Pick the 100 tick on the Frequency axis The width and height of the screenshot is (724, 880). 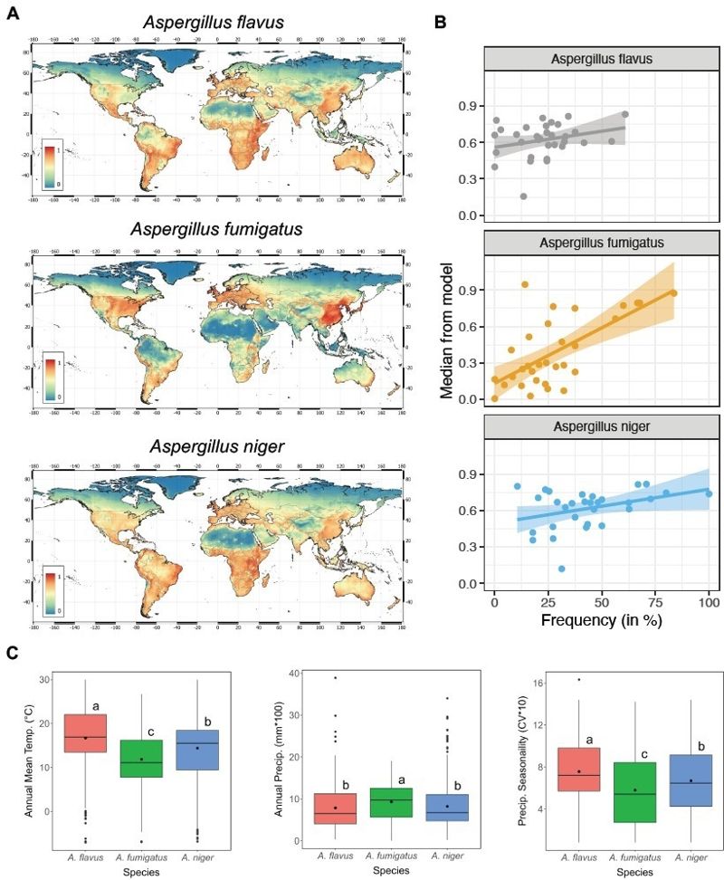(709, 602)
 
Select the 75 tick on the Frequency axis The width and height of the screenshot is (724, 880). (655, 602)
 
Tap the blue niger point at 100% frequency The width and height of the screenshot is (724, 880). (709, 493)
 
